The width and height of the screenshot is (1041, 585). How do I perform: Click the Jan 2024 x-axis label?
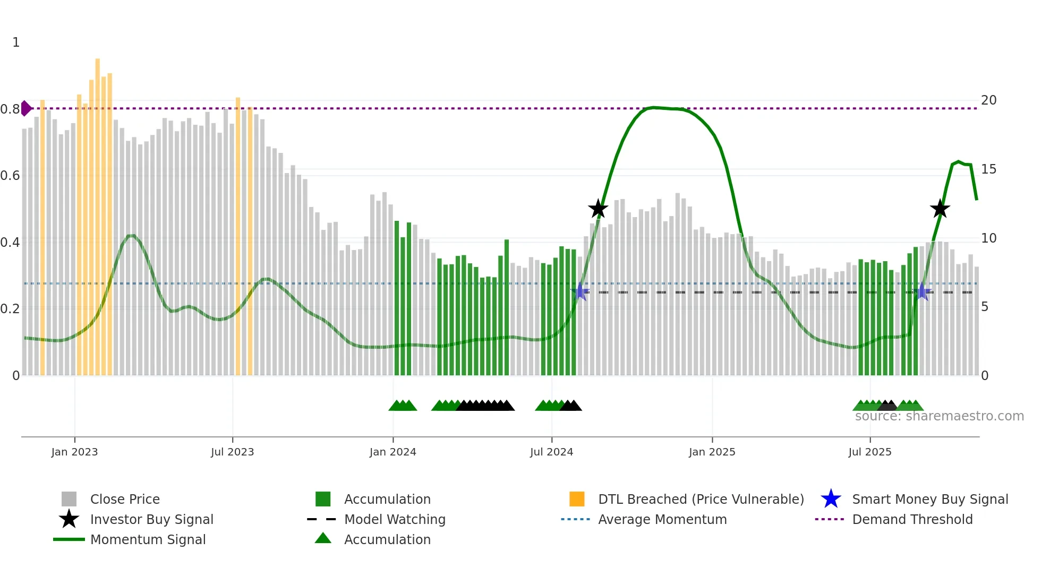pos(392,452)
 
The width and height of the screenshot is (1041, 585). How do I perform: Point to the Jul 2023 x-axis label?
pos(232,452)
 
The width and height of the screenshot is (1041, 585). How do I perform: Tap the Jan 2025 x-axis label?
pos(712,452)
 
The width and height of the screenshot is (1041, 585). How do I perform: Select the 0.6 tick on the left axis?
pos(10,176)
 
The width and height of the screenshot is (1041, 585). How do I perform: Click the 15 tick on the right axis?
pos(988,169)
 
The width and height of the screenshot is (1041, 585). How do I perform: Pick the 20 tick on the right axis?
pos(988,100)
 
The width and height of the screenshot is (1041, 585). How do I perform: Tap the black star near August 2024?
pos(598,209)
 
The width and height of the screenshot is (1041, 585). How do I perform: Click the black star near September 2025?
pos(940,209)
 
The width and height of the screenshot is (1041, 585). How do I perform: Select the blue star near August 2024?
pos(581,291)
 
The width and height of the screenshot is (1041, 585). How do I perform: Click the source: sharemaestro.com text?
pos(939,416)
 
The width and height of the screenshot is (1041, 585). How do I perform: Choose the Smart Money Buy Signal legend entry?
pos(929,499)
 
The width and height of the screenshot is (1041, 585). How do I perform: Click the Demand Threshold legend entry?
pos(912,519)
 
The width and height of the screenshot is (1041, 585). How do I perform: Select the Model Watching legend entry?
pos(394,519)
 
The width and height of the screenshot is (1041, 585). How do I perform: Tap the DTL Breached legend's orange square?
pos(577,499)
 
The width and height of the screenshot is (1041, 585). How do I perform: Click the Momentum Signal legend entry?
pos(148,539)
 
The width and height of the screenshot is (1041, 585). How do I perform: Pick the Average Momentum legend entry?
pos(662,519)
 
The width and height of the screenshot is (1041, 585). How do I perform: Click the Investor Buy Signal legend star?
pos(69,519)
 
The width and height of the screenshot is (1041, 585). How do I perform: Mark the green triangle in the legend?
pos(323,538)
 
